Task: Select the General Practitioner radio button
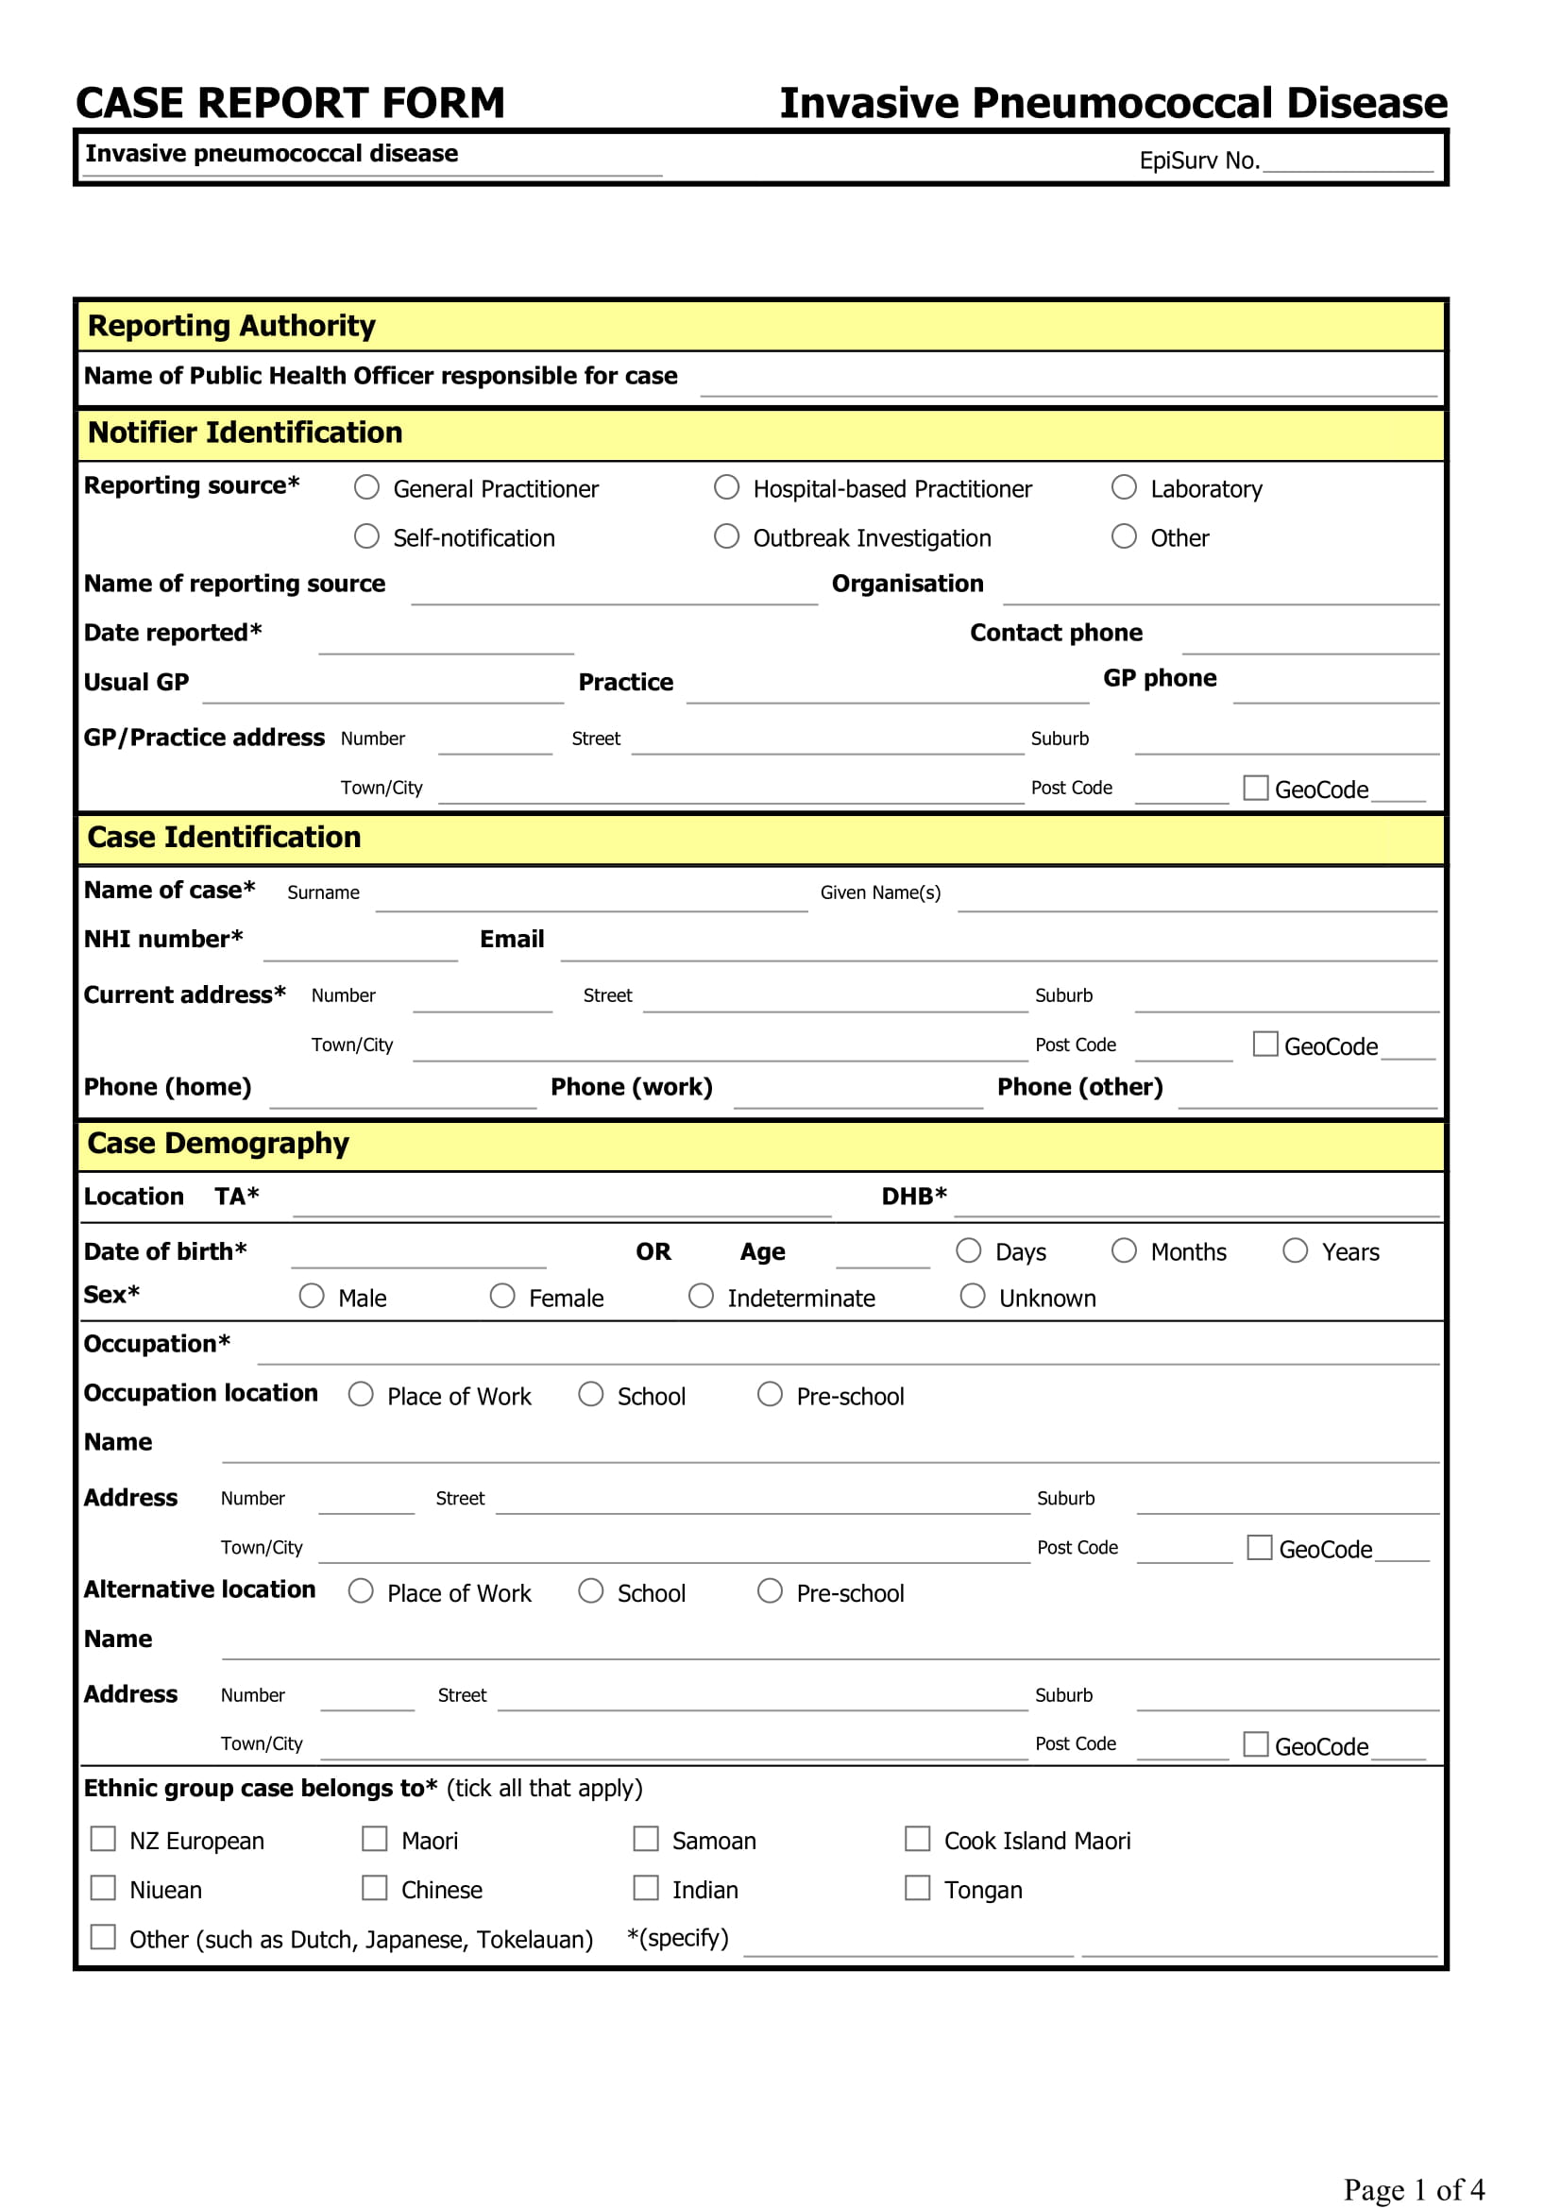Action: [366, 486]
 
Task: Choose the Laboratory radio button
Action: [1124, 486]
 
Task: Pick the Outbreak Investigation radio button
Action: [726, 535]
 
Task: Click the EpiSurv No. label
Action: [1198, 161]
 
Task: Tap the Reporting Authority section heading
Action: [230, 326]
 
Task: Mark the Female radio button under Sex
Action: [502, 1296]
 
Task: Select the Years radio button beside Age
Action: [1295, 1249]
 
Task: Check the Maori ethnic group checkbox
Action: [374, 1839]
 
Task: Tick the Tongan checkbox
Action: [917, 1888]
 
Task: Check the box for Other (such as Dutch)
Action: [103, 1937]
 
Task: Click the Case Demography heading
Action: [217, 1143]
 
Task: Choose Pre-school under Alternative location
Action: [770, 1590]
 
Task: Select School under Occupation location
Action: [590, 1394]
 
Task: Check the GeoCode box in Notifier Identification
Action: [1255, 788]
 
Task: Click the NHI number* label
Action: [162, 939]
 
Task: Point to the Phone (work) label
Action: [631, 1087]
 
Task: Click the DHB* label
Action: [914, 1196]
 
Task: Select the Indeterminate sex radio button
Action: [701, 1296]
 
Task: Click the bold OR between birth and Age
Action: [653, 1251]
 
